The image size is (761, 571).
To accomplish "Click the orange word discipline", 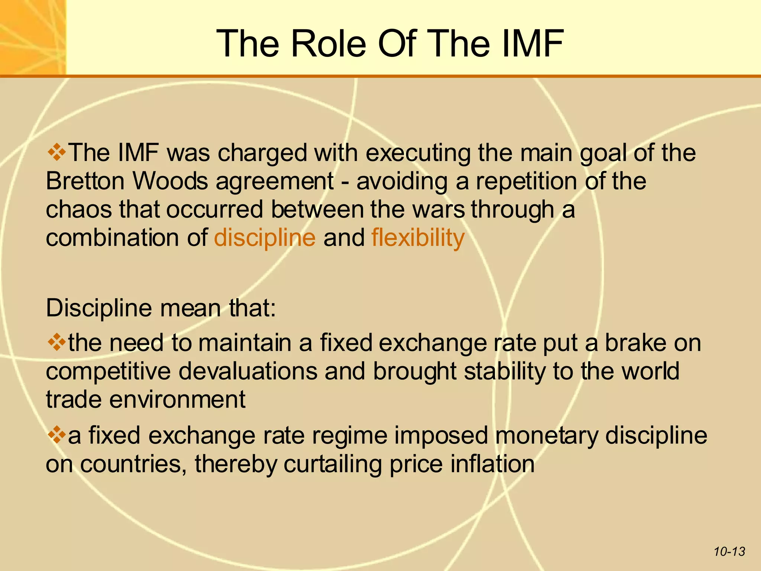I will pyautogui.click(x=265, y=238).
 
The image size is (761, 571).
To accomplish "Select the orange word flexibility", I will pyautogui.click(x=418, y=238).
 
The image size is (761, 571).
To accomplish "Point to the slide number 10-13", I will pyautogui.click(x=729, y=551).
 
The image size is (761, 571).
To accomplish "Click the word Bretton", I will pyautogui.click(x=85, y=181).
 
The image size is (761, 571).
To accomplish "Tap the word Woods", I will pyautogui.click(x=170, y=181).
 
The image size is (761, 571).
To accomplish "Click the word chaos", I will pyautogui.click(x=79, y=209).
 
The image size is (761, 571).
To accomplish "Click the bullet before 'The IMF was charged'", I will pyautogui.click(x=57, y=153).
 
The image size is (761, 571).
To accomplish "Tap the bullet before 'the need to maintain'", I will pyautogui.click(x=57, y=342).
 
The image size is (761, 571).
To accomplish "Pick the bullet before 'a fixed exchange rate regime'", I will pyautogui.click(x=57, y=435).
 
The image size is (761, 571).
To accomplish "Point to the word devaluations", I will pyautogui.click(x=248, y=371).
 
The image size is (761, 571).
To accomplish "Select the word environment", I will pyautogui.click(x=177, y=399).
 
